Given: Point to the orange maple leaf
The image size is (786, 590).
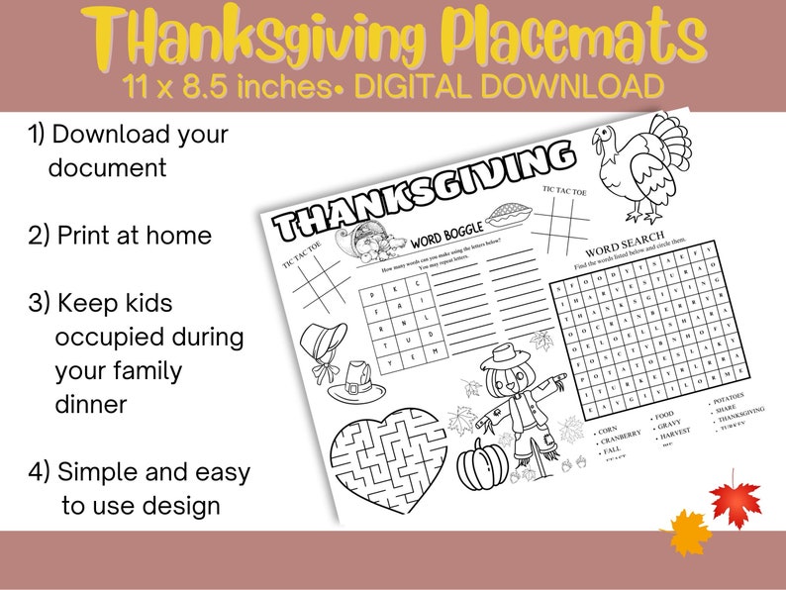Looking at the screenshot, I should pos(685,533).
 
